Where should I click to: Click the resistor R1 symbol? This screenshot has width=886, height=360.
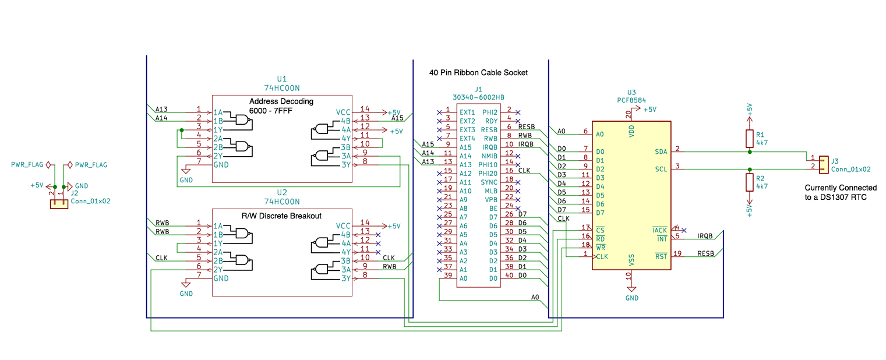tap(749, 138)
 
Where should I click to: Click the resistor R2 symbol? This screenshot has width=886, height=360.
tap(749, 182)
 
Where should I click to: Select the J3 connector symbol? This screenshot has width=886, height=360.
tap(824, 164)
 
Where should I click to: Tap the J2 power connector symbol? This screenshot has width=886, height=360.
tap(58, 204)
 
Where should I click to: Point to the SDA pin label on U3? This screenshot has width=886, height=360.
tap(661, 151)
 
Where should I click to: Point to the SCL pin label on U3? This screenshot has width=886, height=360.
tap(661, 169)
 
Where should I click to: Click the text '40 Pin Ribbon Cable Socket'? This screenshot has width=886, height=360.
tap(478, 73)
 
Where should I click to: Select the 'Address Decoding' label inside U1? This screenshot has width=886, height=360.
tap(281, 101)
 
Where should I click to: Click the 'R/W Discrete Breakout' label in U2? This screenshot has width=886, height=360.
tap(282, 216)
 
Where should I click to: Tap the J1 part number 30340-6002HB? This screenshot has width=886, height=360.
tap(478, 97)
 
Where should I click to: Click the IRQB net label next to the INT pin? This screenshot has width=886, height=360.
tap(705, 236)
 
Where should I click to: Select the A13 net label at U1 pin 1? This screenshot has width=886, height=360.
tap(161, 109)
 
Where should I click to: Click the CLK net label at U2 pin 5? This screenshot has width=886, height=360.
tap(161, 257)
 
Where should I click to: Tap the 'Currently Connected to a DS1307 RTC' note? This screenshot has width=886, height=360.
tap(840, 193)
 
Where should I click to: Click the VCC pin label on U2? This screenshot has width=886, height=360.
tap(343, 225)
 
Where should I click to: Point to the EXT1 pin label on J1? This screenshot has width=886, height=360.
tap(467, 112)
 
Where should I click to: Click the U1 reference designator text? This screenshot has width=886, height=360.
tap(282, 79)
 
